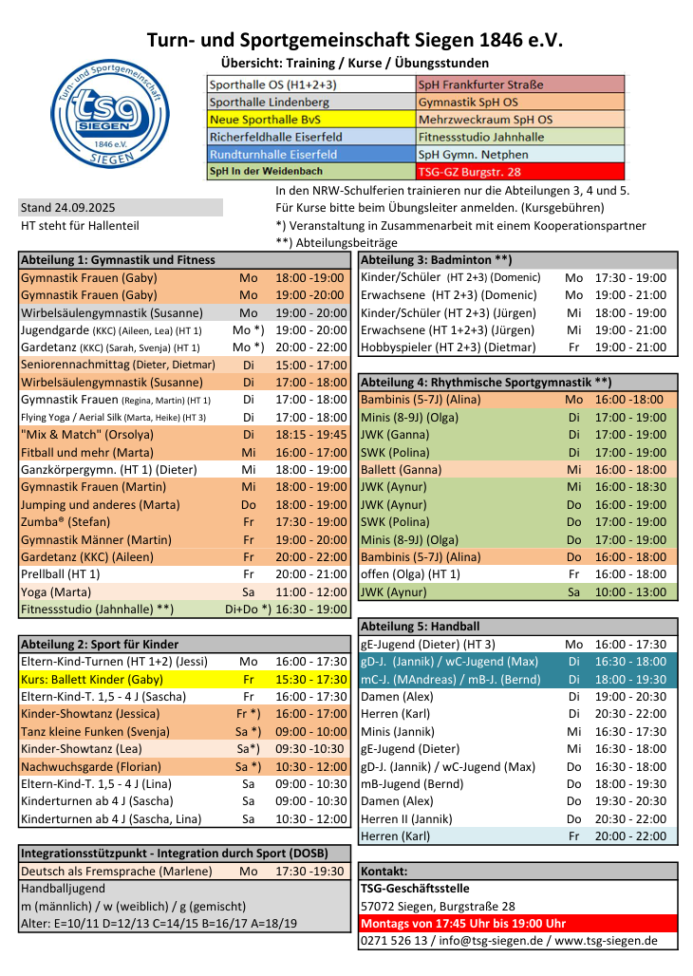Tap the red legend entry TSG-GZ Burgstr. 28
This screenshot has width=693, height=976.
(x=469, y=172)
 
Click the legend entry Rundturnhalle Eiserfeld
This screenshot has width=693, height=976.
(x=273, y=154)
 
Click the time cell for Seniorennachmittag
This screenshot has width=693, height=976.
(x=311, y=365)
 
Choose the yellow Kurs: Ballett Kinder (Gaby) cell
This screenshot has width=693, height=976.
(x=92, y=680)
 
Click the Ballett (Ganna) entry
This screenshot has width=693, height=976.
(x=402, y=469)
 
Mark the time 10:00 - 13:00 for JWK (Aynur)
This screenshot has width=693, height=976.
(x=630, y=591)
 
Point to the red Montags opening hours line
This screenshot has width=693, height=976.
(x=463, y=923)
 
